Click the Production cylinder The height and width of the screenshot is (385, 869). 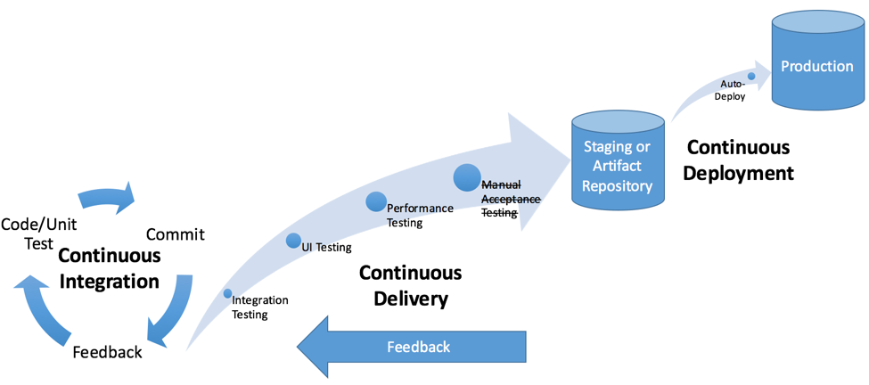[x=817, y=67]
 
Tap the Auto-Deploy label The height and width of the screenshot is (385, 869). [x=733, y=90]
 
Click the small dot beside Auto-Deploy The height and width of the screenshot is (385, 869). [x=751, y=77]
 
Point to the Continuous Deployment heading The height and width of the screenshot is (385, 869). [x=740, y=160]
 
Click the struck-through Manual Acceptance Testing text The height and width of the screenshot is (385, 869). [x=511, y=199]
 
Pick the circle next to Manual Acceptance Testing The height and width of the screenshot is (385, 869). [x=467, y=178]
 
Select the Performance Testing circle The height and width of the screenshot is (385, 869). [x=376, y=202]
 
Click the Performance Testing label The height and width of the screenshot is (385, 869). [x=419, y=215]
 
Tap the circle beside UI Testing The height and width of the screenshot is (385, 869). [x=293, y=241]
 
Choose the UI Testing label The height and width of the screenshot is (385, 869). [x=326, y=247]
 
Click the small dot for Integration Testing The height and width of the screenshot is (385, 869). [x=228, y=293]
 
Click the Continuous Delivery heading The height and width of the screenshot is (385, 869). [x=410, y=285]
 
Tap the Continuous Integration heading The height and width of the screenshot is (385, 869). [x=110, y=268]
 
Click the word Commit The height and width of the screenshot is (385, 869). [x=175, y=234]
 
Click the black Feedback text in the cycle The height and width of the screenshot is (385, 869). [x=107, y=352]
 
